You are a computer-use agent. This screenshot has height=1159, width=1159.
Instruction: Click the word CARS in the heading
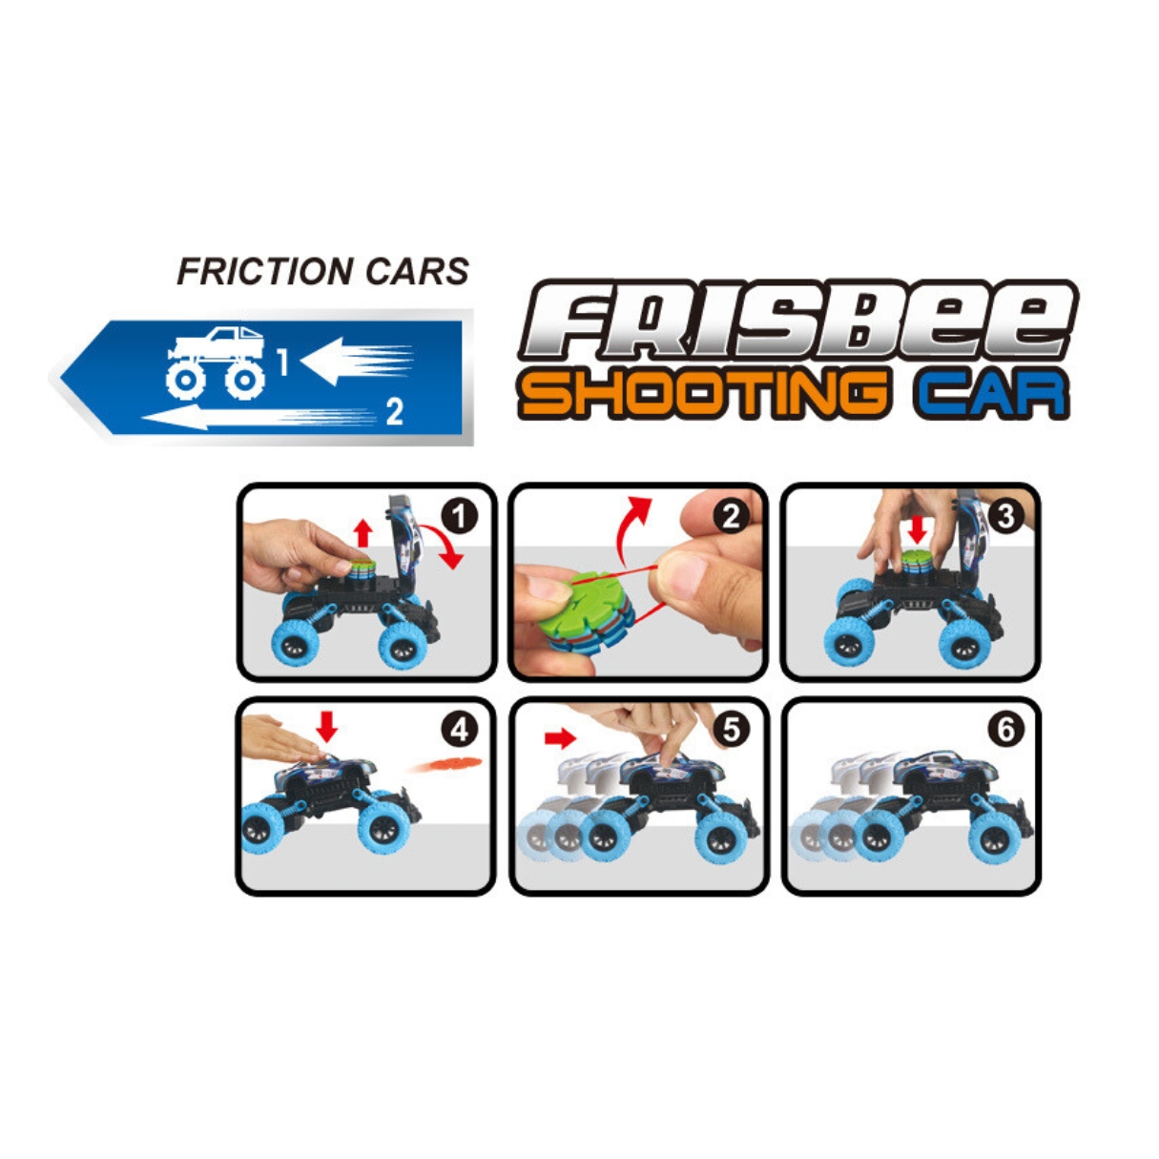coord(417,272)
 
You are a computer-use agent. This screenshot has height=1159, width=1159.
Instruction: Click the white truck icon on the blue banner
coord(216,363)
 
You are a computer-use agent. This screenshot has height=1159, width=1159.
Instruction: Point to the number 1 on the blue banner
coord(282,362)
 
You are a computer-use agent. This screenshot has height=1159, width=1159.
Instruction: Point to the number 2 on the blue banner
coord(395,412)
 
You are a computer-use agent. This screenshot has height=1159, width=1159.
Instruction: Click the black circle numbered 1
coord(459,516)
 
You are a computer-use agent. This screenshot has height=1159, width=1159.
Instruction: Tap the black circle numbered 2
coord(731,516)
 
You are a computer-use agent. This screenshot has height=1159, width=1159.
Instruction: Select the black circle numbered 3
coord(1005,516)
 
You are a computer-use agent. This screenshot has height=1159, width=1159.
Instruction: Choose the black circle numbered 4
coord(460,730)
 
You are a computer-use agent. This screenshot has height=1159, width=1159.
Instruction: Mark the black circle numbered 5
coord(731,730)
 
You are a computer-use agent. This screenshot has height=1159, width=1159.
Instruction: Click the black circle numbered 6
coord(1005,730)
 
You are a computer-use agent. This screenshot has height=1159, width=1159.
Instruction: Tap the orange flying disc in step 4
coord(445,764)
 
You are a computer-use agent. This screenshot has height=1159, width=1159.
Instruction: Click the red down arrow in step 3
coord(918,529)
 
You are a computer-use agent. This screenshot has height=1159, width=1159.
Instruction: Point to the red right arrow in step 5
coord(560,738)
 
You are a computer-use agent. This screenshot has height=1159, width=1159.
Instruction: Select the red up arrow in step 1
coord(362,533)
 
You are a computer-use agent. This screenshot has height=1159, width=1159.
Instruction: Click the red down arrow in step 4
coord(326,727)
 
